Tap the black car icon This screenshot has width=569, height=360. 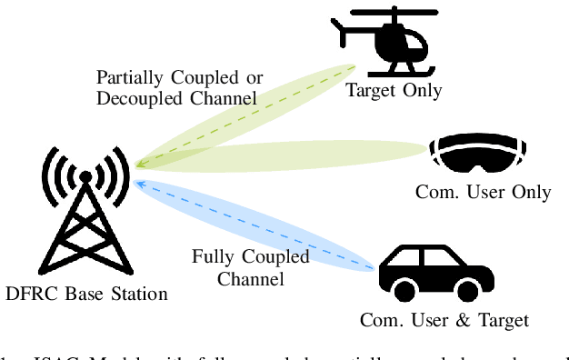click(x=424, y=270)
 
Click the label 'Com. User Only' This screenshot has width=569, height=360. click(x=483, y=192)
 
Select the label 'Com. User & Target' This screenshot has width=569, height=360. click(x=444, y=320)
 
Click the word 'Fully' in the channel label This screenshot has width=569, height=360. click(x=212, y=256)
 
